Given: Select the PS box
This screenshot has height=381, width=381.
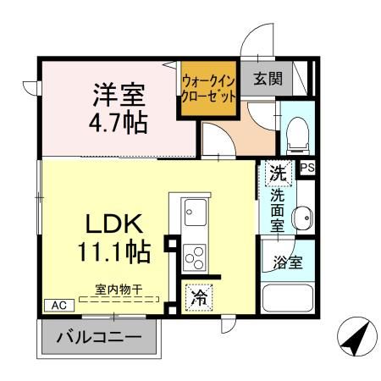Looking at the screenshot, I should click(x=307, y=168).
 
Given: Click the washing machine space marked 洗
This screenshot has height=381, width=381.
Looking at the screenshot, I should click(x=279, y=172).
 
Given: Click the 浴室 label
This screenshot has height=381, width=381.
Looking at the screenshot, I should click(x=286, y=262).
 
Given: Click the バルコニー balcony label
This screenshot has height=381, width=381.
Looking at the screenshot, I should click(x=99, y=338).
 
